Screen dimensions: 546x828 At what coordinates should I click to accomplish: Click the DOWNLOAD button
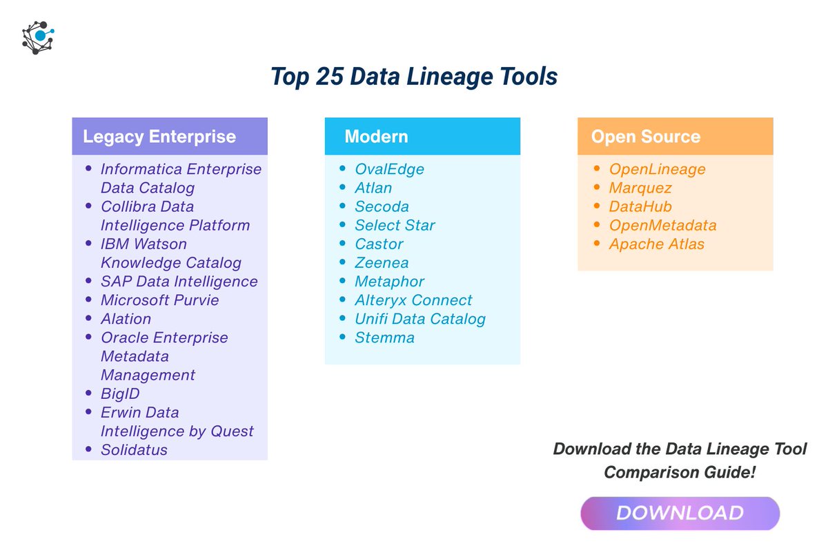tap(680, 514)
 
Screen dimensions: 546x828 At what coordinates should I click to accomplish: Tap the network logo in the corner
tap(38, 37)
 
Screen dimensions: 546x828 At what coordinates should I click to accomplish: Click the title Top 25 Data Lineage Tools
tap(413, 77)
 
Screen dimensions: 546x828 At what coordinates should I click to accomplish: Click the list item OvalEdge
tap(389, 169)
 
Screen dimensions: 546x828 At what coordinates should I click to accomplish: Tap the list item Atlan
tap(373, 188)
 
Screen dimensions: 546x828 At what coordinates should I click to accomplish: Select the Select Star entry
tap(395, 225)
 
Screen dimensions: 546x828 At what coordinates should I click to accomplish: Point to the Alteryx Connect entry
tap(413, 300)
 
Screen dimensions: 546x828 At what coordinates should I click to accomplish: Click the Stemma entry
tap(384, 338)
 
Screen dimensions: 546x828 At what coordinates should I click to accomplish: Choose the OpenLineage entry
tap(657, 169)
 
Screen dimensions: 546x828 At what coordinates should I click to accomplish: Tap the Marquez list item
tap(640, 188)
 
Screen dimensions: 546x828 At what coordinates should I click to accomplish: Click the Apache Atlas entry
tap(656, 244)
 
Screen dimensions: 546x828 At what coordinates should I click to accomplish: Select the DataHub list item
tap(640, 206)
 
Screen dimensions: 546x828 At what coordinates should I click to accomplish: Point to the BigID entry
tap(120, 393)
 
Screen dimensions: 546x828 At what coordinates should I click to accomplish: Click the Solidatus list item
tap(134, 450)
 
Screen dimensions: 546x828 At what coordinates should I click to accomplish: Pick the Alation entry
tap(126, 319)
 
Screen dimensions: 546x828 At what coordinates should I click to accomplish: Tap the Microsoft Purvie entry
tap(159, 300)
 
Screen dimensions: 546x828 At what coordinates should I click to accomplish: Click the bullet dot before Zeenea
tap(343, 262)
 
